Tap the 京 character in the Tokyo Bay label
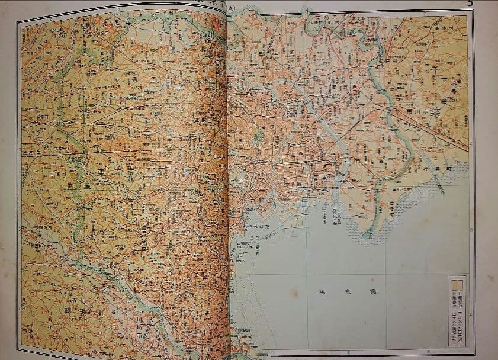[349, 292]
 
